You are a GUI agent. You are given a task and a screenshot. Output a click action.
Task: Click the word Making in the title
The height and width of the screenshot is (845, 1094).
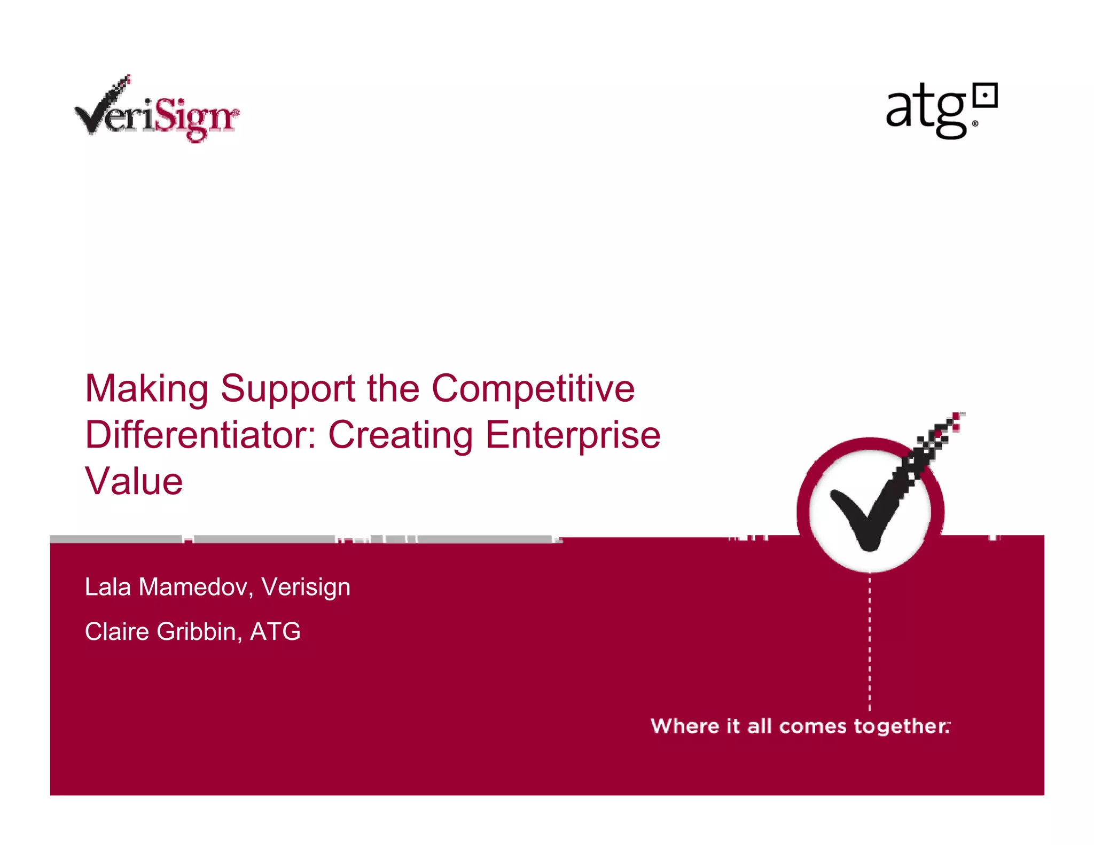tap(147, 389)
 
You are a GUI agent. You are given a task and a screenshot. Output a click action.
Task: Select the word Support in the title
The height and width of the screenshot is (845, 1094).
tap(288, 389)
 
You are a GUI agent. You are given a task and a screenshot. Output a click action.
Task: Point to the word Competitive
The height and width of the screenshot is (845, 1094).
tap(533, 389)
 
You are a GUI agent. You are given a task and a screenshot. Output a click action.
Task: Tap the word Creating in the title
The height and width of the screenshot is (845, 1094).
tap(400, 436)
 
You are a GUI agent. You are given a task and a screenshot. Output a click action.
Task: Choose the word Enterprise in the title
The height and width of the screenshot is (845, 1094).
tap(573, 436)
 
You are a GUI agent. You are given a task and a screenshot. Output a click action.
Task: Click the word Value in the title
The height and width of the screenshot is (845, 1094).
tap(134, 481)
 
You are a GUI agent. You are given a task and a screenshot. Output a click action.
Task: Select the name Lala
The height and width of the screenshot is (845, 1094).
tap(108, 587)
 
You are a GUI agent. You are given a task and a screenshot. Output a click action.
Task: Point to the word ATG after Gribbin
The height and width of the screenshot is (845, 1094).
tap(275, 631)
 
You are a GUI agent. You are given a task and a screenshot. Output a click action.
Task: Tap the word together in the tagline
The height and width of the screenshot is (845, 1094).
tap(901, 726)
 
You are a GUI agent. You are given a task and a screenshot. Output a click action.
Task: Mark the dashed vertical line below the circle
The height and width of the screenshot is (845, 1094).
tap(870, 641)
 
